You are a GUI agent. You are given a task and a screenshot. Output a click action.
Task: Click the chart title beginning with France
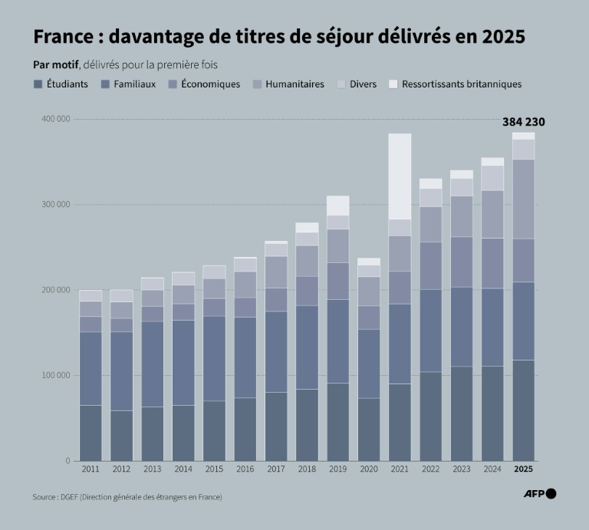pos(279,37)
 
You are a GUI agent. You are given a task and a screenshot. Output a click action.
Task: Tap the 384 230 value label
pos(523,122)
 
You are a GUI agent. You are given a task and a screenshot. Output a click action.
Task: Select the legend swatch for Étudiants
pos(38,84)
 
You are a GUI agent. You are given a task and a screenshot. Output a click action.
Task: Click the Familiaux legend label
pos(134,84)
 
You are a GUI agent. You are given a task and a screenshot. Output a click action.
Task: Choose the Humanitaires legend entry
pos(294,84)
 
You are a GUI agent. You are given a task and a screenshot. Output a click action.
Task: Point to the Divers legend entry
pos(363,84)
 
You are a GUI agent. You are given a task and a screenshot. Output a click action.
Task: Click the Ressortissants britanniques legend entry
pos(461,84)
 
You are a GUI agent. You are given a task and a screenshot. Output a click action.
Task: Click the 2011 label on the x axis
pos(90,469)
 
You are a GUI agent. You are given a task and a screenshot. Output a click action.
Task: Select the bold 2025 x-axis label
pos(523,469)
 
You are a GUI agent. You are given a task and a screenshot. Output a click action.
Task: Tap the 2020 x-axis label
pos(369,469)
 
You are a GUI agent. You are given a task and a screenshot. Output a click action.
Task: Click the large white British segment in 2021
pos(400,176)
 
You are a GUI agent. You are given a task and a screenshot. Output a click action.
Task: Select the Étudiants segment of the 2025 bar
pos(523,410)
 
